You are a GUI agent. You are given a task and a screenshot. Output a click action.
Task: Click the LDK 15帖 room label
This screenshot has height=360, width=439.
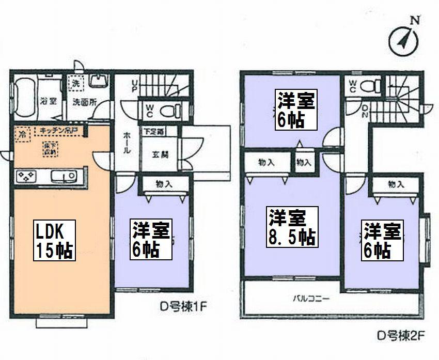pos(55,240)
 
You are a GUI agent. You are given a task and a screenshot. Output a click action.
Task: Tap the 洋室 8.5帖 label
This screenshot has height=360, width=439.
pos(292,227)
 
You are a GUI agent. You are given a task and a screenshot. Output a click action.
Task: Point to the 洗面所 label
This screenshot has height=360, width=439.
pos(84,101)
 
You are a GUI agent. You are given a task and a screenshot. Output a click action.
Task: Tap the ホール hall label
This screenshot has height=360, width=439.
pos(127,145)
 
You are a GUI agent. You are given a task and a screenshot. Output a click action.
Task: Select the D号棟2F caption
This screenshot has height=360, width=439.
pos(401,339)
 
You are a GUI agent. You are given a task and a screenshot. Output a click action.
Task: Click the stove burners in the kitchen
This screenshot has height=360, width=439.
pos(26,177)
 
